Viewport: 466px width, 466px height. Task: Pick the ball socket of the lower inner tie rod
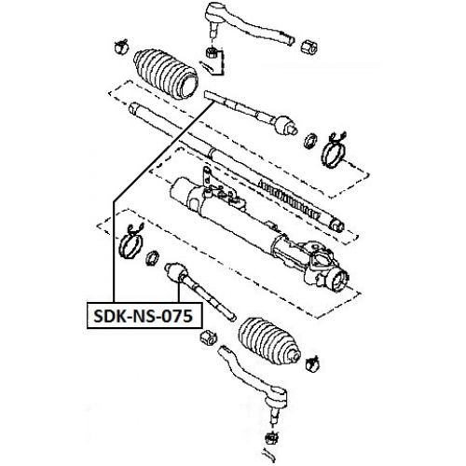tap(174, 273)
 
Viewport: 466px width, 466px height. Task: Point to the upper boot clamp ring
tap(337, 145)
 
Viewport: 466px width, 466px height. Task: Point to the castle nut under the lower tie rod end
tap(272, 433)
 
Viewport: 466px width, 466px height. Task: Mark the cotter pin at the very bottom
tap(271, 453)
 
